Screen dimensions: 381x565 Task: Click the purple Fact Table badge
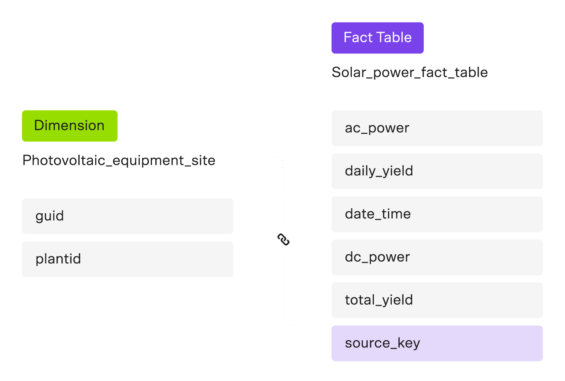377,38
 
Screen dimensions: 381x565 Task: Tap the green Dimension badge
70,126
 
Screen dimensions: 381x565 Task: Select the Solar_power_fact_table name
410,72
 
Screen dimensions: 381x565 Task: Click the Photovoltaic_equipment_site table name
119,161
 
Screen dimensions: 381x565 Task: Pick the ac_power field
437,128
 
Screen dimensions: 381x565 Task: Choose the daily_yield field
437,171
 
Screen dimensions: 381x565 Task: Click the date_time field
437,214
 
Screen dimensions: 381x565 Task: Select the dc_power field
437,257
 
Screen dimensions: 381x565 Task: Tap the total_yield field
437,301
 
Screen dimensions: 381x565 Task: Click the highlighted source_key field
437,343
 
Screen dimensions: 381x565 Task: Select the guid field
128,216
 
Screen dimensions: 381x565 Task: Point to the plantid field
128,259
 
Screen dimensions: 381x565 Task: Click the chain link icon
284,240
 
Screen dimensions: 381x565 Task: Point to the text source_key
382,343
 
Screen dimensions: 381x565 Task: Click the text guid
49,216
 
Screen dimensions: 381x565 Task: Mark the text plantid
58,259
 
